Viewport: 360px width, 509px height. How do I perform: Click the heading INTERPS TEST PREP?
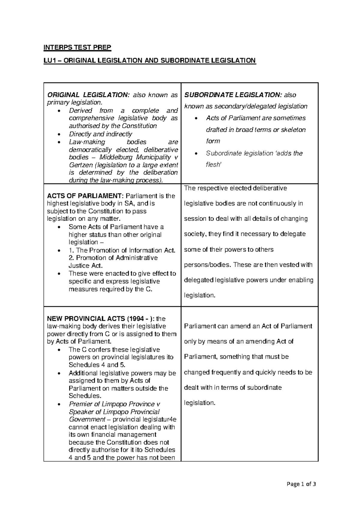click(x=77, y=47)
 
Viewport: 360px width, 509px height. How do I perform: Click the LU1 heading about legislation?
click(x=150, y=61)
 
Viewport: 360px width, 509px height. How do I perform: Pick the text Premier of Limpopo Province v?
click(x=112, y=404)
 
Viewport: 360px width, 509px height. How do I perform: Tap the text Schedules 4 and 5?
click(x=97, y=365)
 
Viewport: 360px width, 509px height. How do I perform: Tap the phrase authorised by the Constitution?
click(x=113, y=126)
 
